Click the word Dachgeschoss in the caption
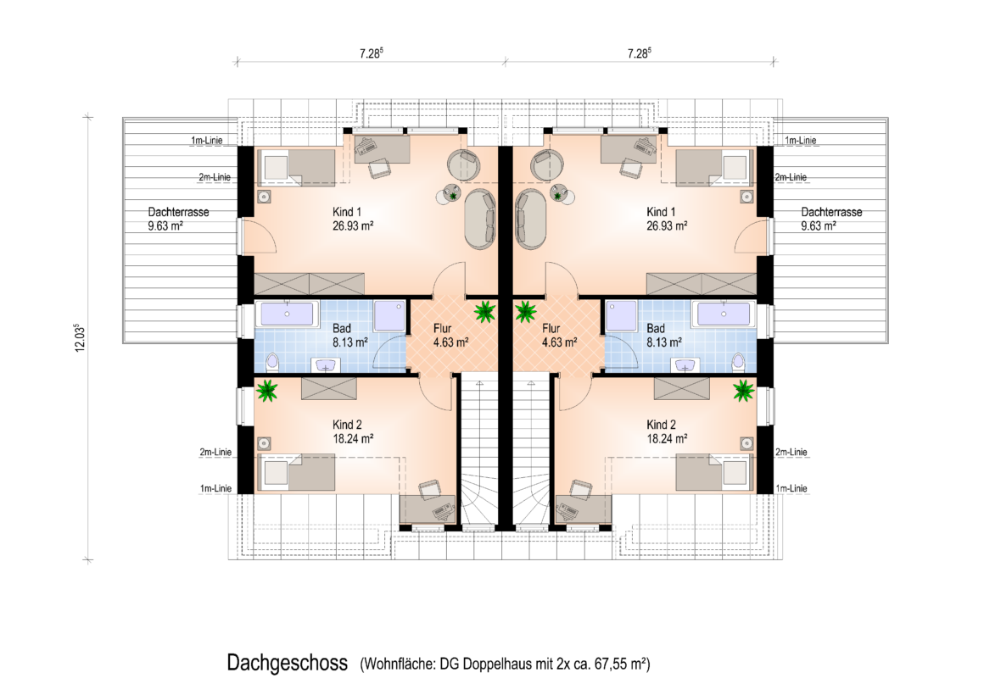click(287, 663)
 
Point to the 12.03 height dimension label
click(80, 338)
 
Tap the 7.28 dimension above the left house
click(371, 53)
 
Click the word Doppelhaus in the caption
click(498, 664)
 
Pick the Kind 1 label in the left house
click(347, 212)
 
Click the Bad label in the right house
click(656, 328)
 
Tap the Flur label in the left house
click(443, 328)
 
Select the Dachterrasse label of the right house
click(831, 212)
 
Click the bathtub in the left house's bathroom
click(287, 314)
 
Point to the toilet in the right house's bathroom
click(738, 362)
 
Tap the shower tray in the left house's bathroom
click(389, 316)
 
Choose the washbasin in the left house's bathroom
click(327, 365)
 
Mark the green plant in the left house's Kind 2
click(267, 391)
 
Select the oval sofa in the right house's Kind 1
click(529, 220)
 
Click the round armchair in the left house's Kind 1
click(464, 164)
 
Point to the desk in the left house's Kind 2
click(428, 509)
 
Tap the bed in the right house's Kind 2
click(714, 472)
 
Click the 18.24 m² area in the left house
click(354, 439)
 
